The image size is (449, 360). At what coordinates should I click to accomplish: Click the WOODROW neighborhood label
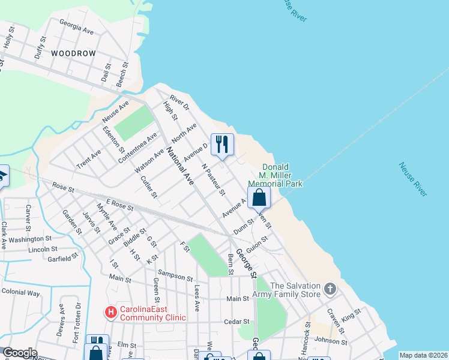click(73, 53)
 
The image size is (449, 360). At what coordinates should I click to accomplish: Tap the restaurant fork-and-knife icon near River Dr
click(222, 144)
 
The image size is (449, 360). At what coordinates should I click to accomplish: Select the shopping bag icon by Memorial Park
click(259, 197)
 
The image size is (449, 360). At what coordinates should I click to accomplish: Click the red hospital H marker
click(110, 312)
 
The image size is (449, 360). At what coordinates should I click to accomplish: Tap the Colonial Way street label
click(20, 293)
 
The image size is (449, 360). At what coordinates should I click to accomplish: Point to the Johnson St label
click(331, 340)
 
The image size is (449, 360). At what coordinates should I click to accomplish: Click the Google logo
click(20, 353)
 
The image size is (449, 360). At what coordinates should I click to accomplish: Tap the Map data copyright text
click(423, 355)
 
